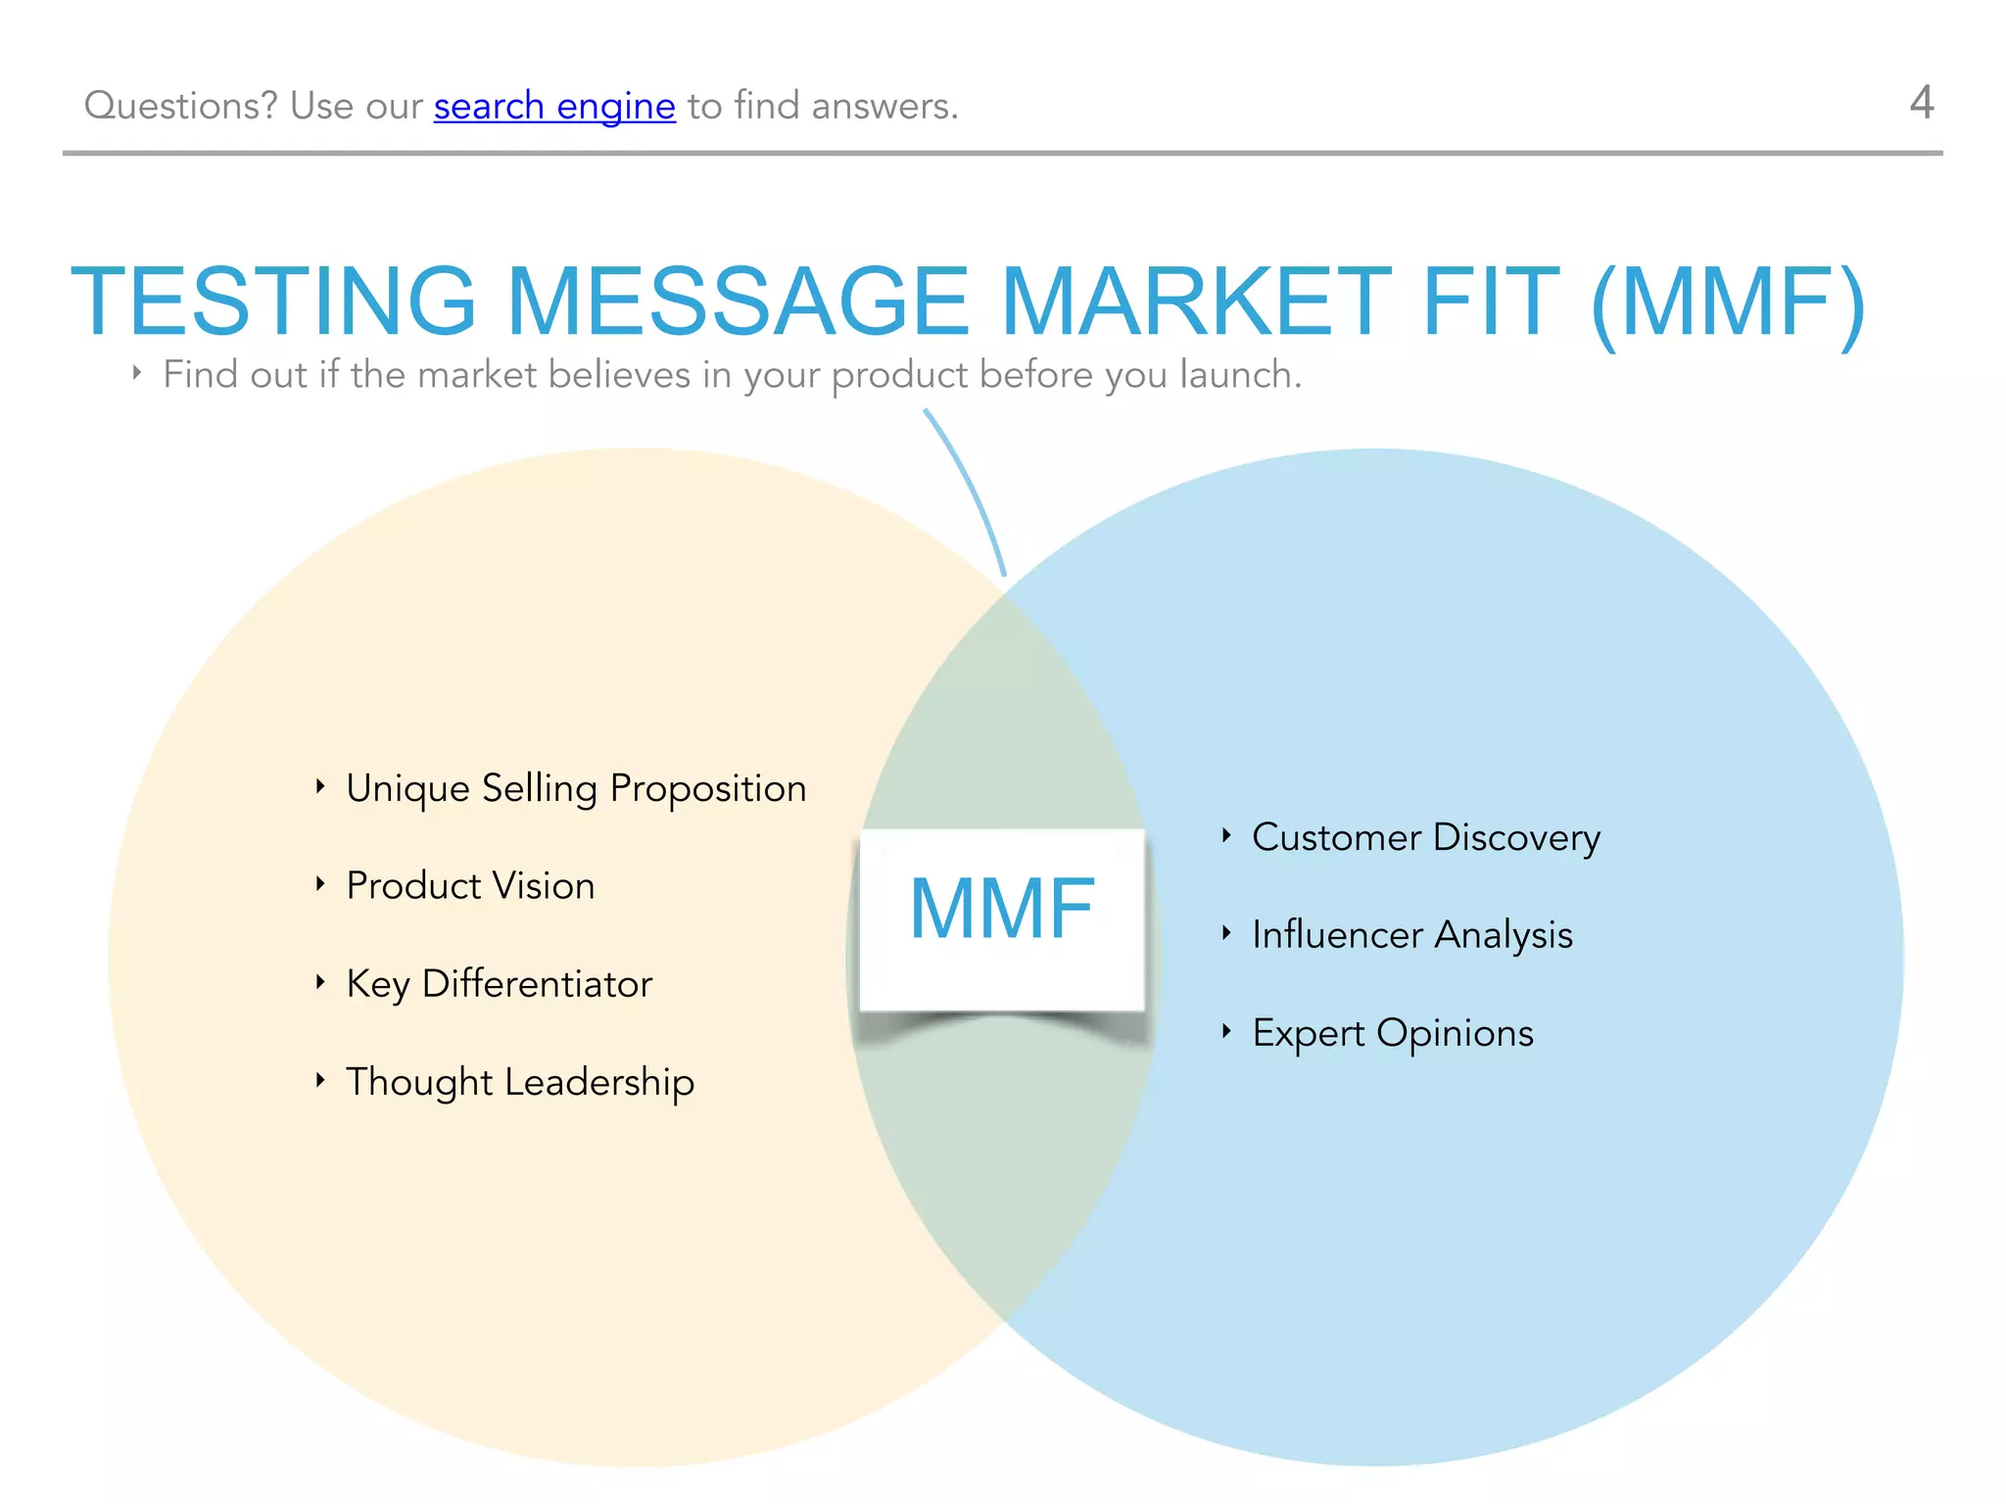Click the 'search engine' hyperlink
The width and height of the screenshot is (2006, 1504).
coord(554,106)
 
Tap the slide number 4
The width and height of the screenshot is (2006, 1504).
coord(1922,103)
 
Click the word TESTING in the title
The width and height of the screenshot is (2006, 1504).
coord(273,302)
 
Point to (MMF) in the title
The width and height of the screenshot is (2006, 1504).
coord(1729,302)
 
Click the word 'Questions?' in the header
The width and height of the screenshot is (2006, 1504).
coord(181,106)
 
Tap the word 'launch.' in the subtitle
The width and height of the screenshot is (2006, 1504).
coord(1241,375)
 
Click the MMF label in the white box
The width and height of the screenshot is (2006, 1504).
coord(1002,909)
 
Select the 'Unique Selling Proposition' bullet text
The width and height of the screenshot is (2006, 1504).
coord(576,789)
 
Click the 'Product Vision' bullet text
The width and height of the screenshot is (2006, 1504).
coord(470,886)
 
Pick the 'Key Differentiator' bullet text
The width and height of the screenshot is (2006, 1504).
coord(500,984)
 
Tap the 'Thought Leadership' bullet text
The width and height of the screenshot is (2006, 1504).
coord(520,1082)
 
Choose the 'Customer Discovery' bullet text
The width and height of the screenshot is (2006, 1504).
coord(1426,838)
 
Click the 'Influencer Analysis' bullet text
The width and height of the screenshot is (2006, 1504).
coord(1412,935)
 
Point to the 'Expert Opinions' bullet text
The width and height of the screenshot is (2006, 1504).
coord(1393,1034)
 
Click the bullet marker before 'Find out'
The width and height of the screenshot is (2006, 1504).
coord(137,373)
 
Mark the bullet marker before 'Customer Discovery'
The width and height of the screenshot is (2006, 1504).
coord(1226,835)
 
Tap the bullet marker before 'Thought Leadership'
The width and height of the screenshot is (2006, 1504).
coord(320,1080)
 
